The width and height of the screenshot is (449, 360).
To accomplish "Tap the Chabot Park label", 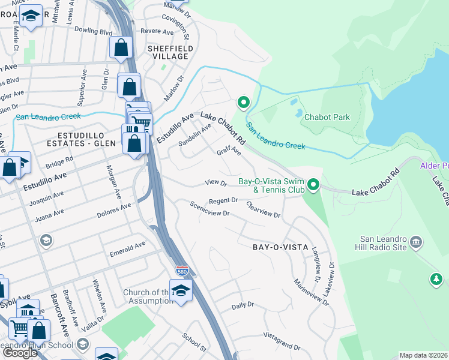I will coord(327,117).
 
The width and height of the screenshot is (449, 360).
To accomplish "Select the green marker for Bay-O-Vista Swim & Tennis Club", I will coord(313,185).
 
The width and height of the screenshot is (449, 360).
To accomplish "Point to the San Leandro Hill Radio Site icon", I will coord(416,243).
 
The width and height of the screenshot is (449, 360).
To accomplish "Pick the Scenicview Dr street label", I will coord(209,209).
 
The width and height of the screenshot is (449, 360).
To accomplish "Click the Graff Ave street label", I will coord(229,152).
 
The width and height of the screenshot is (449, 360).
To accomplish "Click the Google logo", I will coord(19,352).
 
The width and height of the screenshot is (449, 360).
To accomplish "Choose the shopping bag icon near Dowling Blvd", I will coord(121,48).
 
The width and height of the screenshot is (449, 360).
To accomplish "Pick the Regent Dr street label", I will coord(223,200).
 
